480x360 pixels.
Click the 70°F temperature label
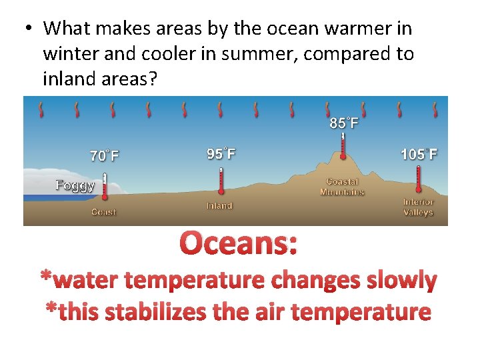coord(105,156)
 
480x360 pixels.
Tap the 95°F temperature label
coord(221,154)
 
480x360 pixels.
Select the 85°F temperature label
coord(344,123)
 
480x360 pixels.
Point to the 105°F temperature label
coord(419,155)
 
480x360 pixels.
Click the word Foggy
coord(75,185)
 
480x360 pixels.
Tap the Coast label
coord(103,212)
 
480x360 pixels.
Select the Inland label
coord(219,205)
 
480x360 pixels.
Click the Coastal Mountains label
coord(342,187)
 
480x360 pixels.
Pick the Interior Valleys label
coord(418,207)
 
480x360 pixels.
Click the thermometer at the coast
coord(105,187)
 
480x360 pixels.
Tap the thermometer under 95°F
coord(221,181)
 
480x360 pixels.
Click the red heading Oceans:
coord(239,243)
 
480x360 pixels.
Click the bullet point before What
coord(28,29)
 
